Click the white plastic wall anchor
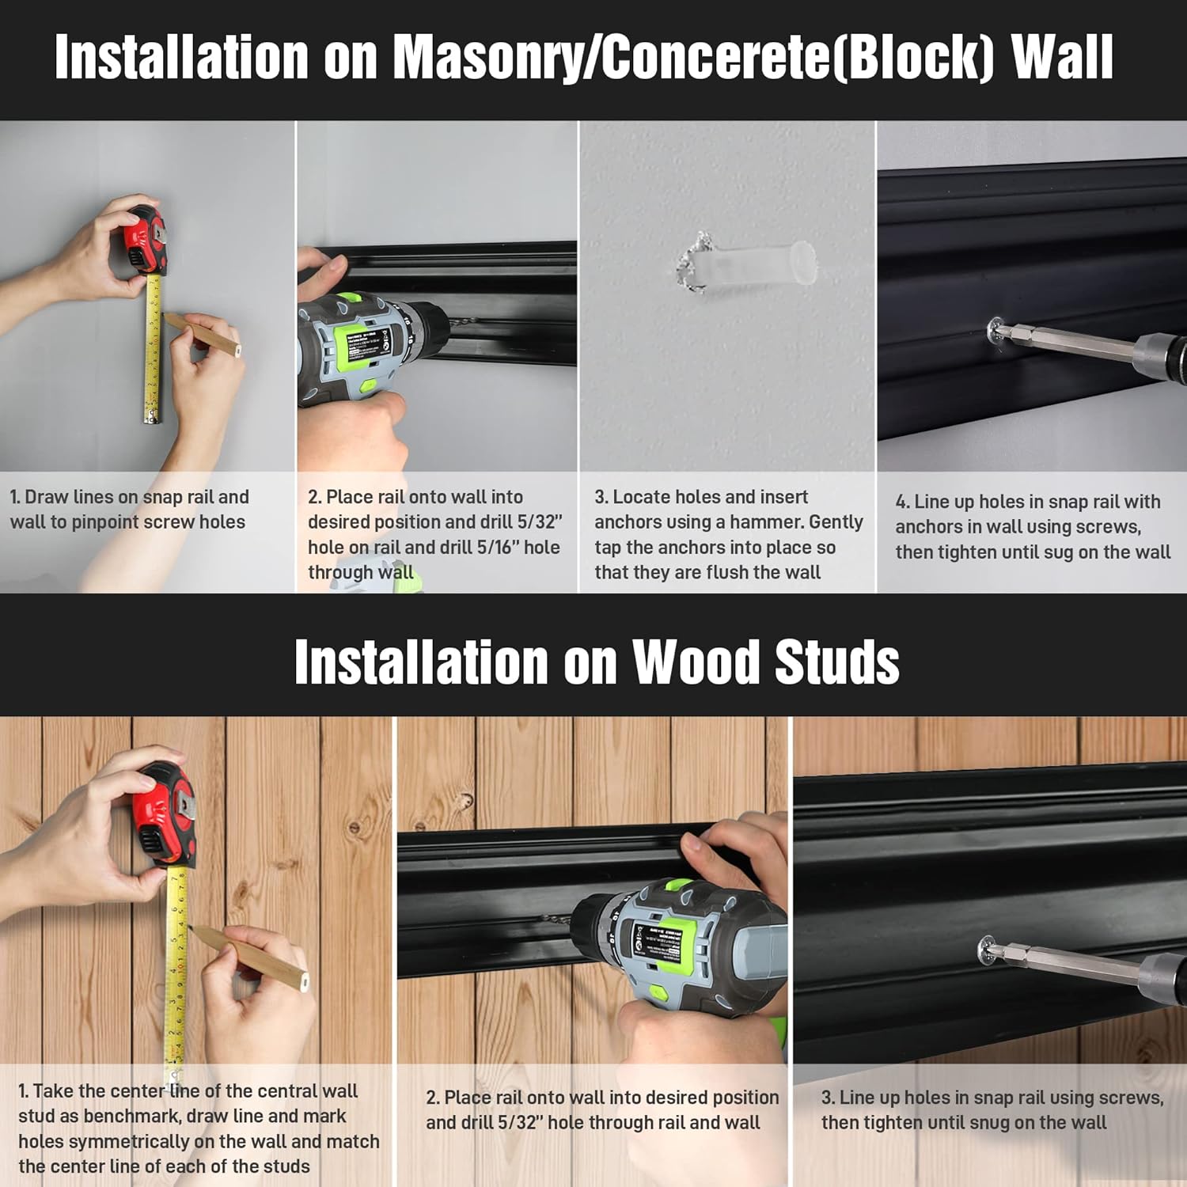[x=760, y=264]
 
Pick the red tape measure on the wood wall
[x=164, y=815]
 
